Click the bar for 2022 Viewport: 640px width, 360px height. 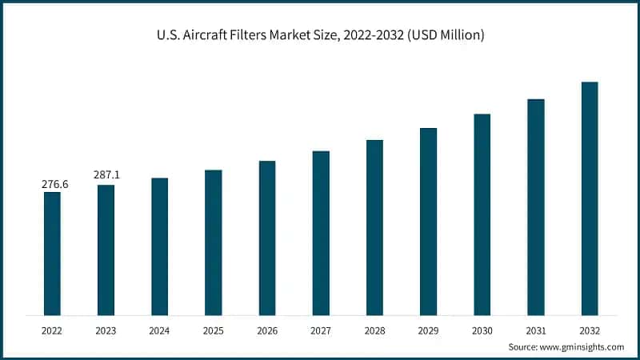52,254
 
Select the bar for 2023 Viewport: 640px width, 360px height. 106,250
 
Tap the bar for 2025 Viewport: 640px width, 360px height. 214,242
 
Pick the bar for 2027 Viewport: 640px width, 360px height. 321,233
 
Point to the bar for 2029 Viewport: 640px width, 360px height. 429,222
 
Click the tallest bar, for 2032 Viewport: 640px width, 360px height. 590,198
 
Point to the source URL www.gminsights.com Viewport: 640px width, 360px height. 583,347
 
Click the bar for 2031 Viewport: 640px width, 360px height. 536,207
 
